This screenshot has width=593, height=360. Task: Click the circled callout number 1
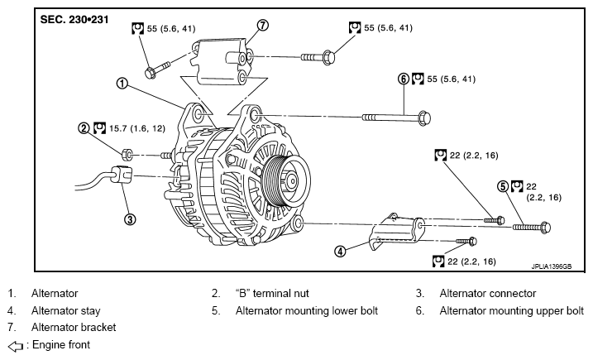[x=122, y=84]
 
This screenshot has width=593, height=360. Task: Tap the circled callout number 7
[x=263, y=25]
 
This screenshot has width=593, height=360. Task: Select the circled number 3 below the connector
[x=130, y=219]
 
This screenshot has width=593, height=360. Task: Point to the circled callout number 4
[x=341, y=251]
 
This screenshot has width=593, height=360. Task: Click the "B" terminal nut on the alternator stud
[x=127, y=155]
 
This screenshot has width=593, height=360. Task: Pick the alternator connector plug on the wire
[x=121, y=175]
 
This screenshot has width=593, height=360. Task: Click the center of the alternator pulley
[x=292, y=181]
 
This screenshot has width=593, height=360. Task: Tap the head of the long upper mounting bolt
[x=425, y=118]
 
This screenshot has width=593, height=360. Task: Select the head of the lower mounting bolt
[x=546, y=227]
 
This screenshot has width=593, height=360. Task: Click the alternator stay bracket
[x=396, y=232]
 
